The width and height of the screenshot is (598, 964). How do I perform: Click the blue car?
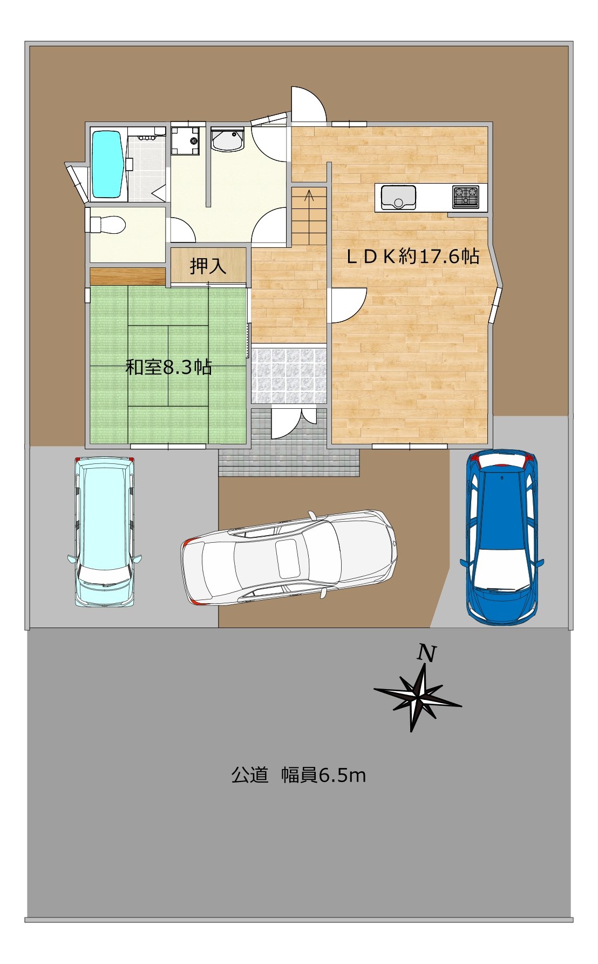501,538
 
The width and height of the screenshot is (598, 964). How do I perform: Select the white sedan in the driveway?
289,557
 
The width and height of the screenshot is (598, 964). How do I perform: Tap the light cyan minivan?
105,532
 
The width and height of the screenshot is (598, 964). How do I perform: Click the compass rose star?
417,697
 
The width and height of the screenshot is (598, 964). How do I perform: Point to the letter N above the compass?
426,653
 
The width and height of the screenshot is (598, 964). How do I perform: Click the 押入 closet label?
208,266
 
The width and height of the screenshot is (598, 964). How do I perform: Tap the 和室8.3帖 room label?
168,367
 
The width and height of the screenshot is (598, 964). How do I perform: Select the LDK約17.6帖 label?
413,256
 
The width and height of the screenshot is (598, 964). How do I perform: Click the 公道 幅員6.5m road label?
298,776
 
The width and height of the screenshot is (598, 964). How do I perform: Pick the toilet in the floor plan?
107,225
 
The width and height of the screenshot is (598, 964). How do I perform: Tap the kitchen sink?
398,197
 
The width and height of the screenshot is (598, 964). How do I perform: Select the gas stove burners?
466,197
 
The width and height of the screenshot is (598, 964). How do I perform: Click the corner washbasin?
228,140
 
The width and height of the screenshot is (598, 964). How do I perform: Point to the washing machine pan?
185,140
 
